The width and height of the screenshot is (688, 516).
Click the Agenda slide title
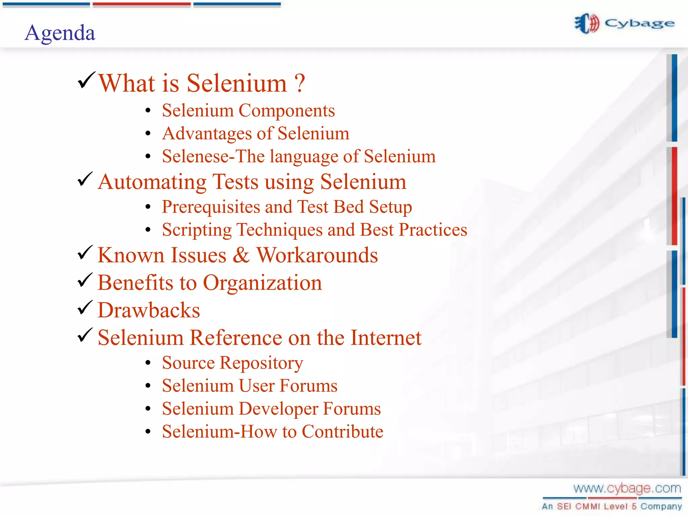tap(60, 33)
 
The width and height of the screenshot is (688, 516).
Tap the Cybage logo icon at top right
tap(587, 24)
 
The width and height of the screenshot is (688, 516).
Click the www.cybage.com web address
tap(627, 488)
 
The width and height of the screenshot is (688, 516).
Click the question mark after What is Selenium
tap(299, 83)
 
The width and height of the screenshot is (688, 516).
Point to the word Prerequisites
tap(211, 207)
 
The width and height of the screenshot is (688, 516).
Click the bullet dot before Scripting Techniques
tap(148, 230)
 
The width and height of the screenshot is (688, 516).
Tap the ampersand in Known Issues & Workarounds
tap(241, 255)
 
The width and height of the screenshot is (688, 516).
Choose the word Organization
tap(262, 283)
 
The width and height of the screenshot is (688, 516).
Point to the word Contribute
tap(342, 432)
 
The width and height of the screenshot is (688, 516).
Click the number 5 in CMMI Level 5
tap(634, 506)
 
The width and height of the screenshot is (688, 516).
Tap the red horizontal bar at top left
tap(141, 4)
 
